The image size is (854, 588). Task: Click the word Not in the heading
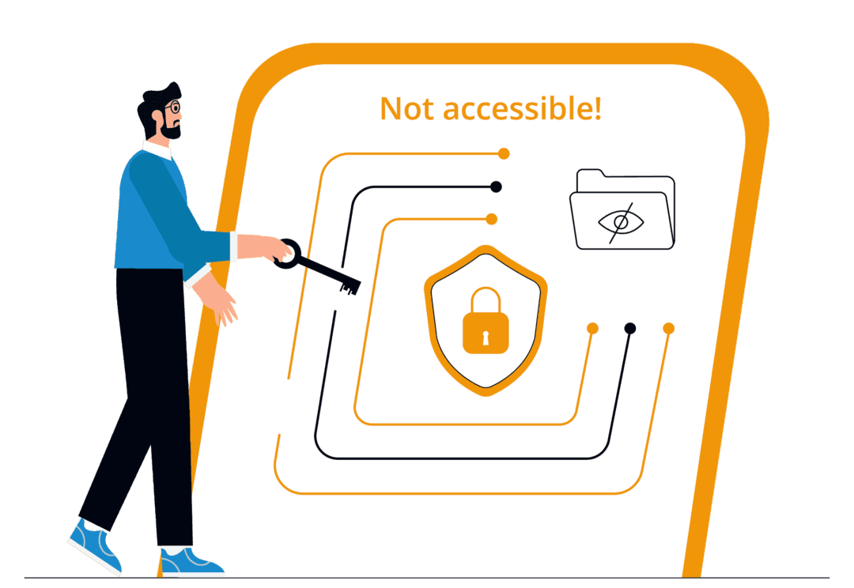(407, 108)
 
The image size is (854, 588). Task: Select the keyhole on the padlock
(486, 333)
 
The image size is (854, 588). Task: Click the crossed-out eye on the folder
(622, 222)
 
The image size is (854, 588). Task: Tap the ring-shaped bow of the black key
(288, 254)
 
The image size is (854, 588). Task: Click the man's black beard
(168, 128)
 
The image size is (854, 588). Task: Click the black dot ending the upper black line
(496, 187)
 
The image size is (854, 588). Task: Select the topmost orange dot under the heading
(504, 153)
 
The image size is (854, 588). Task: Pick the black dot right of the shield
(630, 328)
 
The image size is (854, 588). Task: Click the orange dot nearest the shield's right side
(592, 328)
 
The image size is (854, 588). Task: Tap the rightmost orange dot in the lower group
(668, 328)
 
